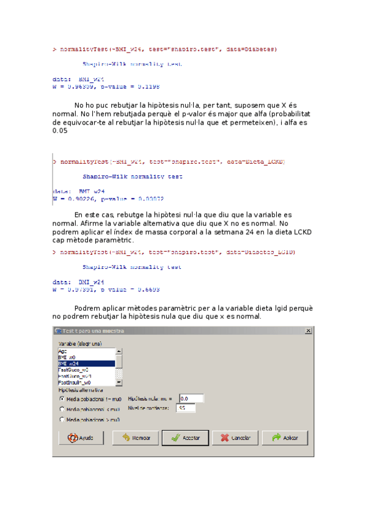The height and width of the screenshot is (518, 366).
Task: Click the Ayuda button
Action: (x=81, y=438)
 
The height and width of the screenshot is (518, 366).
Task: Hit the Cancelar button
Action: (x=235, y=438)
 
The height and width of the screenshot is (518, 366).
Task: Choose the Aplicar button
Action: (x=285, y=438)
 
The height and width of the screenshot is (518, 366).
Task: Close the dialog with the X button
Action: (x=309, y=330)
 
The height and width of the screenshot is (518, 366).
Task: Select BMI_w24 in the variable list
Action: (x=86, y=363)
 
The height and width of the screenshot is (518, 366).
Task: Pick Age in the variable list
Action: (x=86, y=351)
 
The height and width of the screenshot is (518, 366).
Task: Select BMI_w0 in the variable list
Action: (x=86, y=357)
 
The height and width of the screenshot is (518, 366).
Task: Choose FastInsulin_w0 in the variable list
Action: (x=86, y=382)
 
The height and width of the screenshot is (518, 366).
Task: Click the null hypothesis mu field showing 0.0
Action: (x=191, y=398)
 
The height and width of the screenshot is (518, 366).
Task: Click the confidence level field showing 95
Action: (x=185, y=408)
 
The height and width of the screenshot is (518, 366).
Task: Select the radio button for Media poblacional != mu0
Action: (x=62, y=398)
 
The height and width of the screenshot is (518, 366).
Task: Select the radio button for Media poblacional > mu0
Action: (x=62, y=420)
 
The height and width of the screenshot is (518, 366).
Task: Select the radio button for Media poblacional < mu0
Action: (x=62, y=409)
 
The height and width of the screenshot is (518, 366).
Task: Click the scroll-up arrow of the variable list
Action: (x=119, y=351)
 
